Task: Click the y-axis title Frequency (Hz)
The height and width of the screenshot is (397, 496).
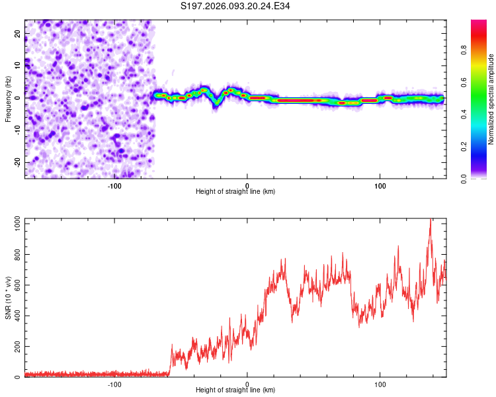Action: click(8, 98)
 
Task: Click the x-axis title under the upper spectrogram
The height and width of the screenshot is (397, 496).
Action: click(235, 191)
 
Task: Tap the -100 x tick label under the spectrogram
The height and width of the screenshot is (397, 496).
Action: click(114, 185)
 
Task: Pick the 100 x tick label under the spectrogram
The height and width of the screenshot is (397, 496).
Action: click(380, 185)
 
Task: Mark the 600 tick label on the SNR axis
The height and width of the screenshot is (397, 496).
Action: click(15, 286)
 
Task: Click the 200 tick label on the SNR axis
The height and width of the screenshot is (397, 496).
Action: click(15, 347)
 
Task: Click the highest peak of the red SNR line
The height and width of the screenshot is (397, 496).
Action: click(431, 220)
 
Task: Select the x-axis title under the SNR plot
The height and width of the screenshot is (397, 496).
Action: click(235, 390)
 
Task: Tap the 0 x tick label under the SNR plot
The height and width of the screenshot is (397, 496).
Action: click(247, 384)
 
